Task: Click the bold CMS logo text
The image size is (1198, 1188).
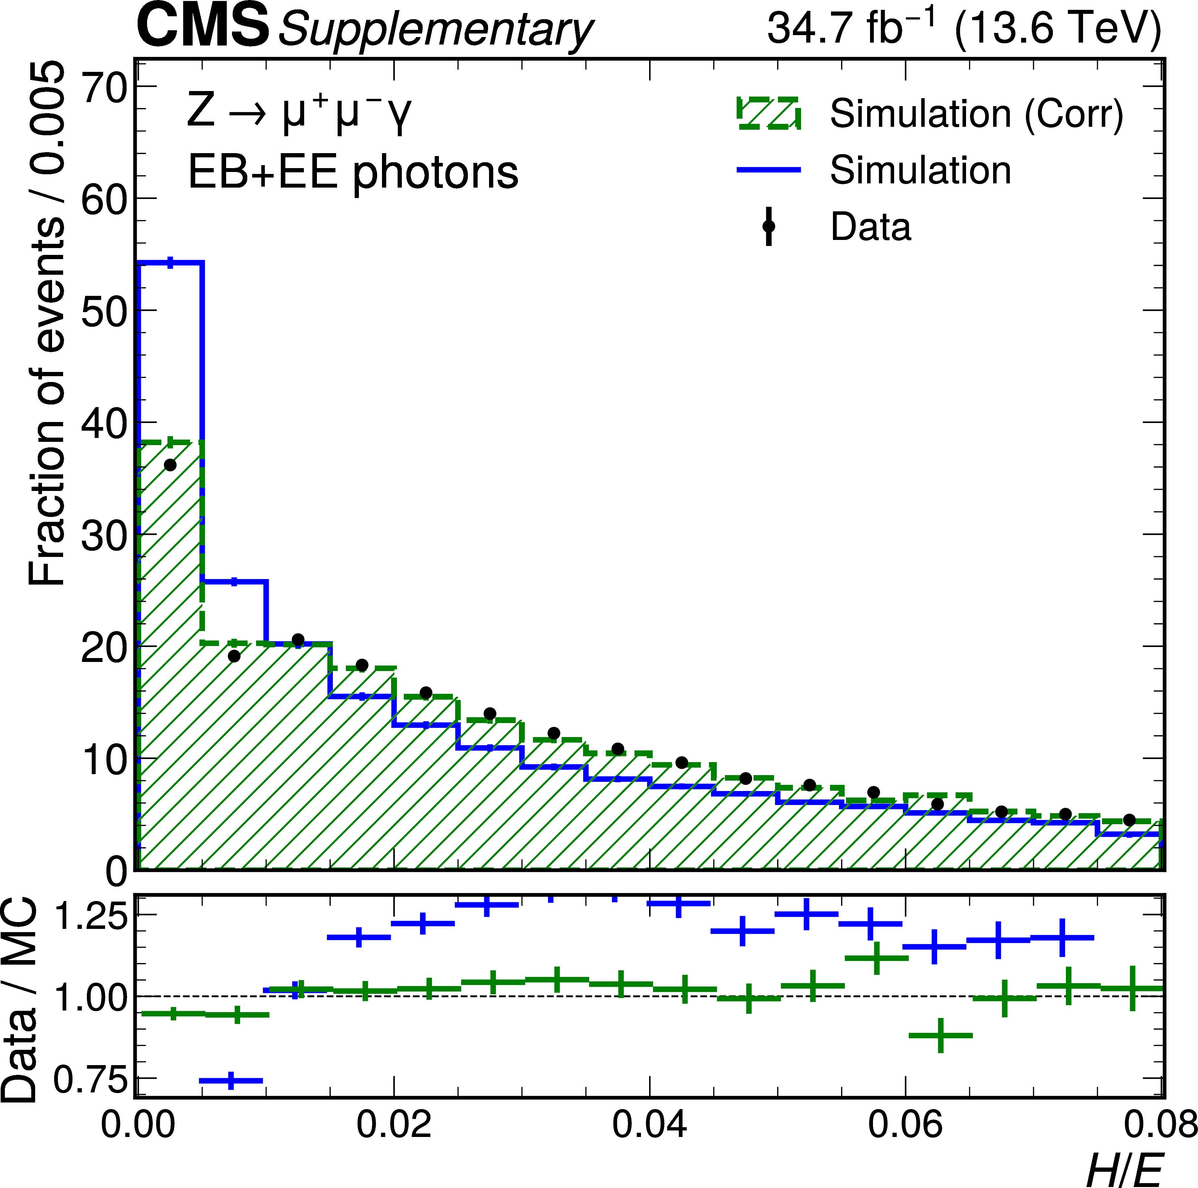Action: pyautogui.click(x=203, y=26)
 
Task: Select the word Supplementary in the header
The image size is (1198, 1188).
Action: pyautogui.click(x=435, y=30)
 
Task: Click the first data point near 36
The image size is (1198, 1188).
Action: pyautogui.click(x=170, y=465)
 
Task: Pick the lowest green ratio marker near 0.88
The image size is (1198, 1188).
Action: pyautogui.click(x=940, y=1036)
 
